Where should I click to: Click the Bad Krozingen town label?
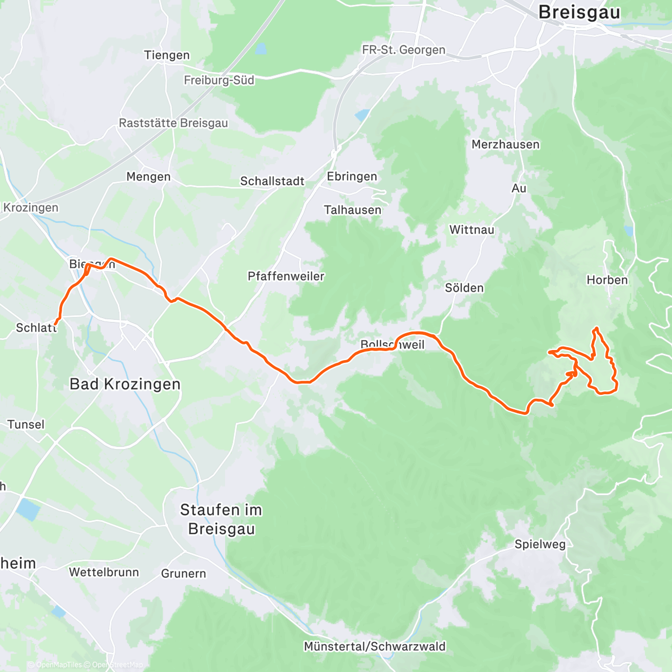[x=125, y=384]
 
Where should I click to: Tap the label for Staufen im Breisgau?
[x=221, y=519]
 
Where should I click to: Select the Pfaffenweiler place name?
[x=286, y=276]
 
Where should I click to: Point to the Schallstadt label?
[x=272, y=181]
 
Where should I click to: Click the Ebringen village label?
[x=352, y=176]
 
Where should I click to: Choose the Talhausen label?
[x=352, y=210]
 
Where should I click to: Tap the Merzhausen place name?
[x=505, y=144]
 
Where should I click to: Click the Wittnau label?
[x=472, y=230]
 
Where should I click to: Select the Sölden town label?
[x=464, y=288]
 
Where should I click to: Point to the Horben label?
[x=607, y=280]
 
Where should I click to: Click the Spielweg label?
[x=540, y=544]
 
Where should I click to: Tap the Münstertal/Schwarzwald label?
[x=375, y=646]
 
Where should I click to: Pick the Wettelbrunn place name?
[x=104, y=572]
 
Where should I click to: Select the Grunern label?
[x=183, y=573]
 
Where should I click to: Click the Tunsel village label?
[x=26, y=424]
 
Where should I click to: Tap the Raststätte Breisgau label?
[x=173, y=123]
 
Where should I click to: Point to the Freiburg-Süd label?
[x=219, y=80]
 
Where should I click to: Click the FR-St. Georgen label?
[x=403, y=50]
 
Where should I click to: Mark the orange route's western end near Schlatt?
[x=55, y=323]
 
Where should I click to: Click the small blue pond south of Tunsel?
[x=27, y=510]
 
